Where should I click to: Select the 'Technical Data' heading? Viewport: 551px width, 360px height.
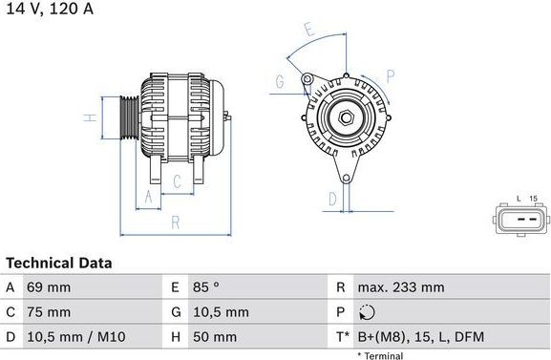[58, 263]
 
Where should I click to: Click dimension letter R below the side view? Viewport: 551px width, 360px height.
[175, 222]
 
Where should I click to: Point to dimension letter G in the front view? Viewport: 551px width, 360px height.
[279, 82]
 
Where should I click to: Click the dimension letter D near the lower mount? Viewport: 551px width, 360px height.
[332, 199]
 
